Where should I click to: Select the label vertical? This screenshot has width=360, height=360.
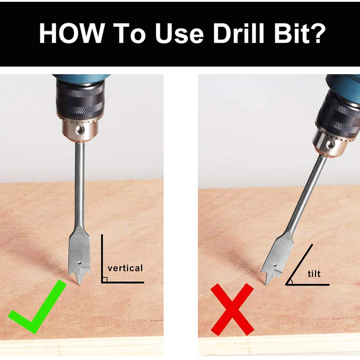coord(125,268)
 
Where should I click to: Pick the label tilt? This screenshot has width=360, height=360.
coord(314,273)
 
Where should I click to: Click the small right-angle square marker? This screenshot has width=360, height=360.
coord(104,279)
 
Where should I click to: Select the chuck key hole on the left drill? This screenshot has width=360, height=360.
coord(80,129)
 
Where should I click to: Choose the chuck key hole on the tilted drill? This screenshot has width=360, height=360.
coord(330,144)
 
